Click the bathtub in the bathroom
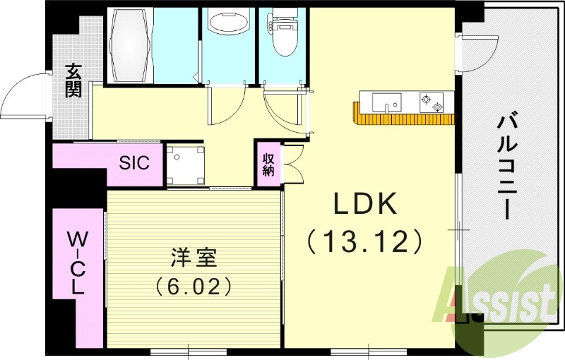[x=131, y=46]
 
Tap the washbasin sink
[x=228, y=25]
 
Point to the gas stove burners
[x=432, y=102]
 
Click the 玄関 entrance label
[x=73, y=80]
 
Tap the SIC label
[x=134, y=162]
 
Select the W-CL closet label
[x=76, y=263]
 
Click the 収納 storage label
[x=268, y=164]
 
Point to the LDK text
[x=365, y=203]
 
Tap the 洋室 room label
[x=194, y=257]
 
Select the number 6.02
[x=194, y=287]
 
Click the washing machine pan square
[x=186, y=165]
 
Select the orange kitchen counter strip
[x=403, y=116]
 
